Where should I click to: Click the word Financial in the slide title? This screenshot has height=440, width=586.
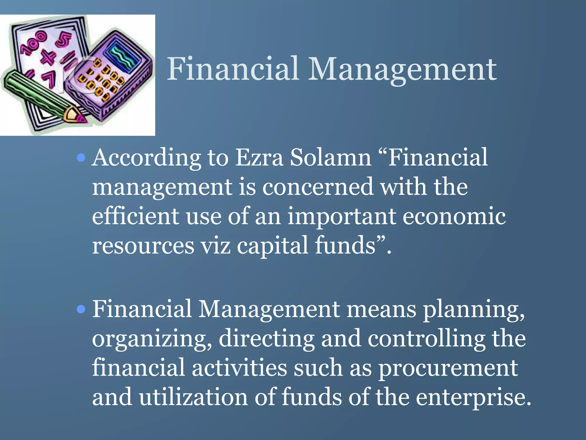[233, 69]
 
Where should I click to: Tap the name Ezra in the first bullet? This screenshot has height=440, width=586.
[259, 158]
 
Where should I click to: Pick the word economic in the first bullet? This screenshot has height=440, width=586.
[454, 216]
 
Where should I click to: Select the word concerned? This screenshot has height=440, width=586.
[318, 187]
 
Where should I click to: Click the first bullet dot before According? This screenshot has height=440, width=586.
[82, 158]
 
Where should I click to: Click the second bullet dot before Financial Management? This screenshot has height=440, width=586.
[82, 309]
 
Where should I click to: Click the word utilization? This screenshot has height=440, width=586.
[193, 397]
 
